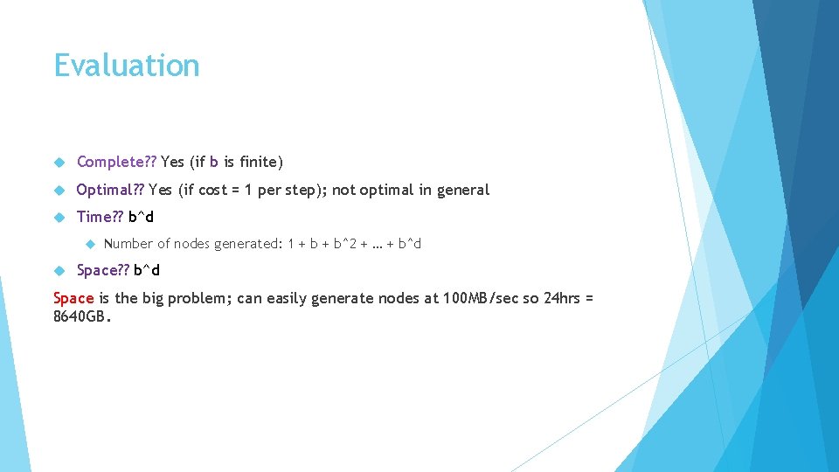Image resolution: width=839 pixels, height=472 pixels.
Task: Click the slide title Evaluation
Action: pyautogui.click(x=127, y=66)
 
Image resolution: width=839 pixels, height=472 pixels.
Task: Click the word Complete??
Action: pyautogui.click(x=116, y=162)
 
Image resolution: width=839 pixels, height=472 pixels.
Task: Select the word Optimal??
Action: pyautogui.click(x=110, y=190)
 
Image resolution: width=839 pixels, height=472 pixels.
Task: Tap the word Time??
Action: pyautogui.click(x=101, y=217)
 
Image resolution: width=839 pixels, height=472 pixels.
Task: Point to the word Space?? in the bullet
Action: pyautogui.click(x=103, y=270)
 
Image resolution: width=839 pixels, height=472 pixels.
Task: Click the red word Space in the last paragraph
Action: pyautogui.click(x=73, y=298)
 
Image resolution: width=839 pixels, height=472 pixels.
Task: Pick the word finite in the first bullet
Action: pyautogui.click(x=260, y=162)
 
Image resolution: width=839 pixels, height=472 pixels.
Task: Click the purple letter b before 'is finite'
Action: pyautogui.click(x=214, y=162)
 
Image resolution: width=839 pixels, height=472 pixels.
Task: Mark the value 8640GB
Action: pyautogui.click(x=82, y=317)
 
